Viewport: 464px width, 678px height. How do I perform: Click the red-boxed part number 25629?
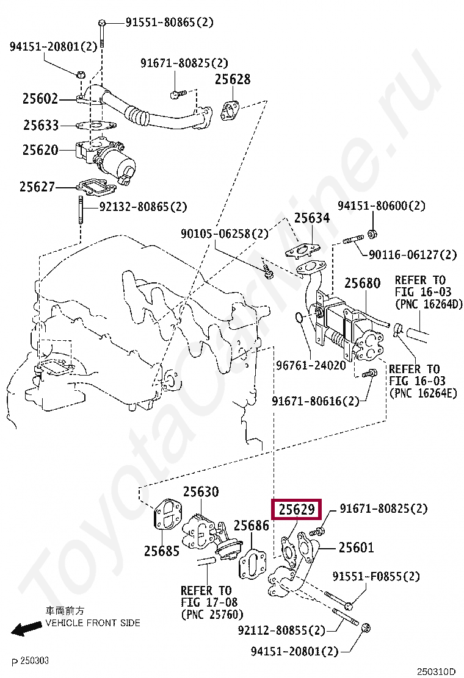(297, 509)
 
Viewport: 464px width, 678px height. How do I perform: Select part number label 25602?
(40, 99)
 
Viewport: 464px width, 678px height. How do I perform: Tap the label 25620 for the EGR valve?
(40, 150)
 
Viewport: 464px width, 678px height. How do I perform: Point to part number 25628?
(233, 79)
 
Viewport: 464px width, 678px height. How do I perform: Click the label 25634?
(312, 218)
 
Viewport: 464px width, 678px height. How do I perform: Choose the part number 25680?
(362, 284)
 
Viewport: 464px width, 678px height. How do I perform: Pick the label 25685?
(161, 551)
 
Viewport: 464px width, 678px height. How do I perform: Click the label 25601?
(356, 548)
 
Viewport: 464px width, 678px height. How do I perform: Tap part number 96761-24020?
(311, 365)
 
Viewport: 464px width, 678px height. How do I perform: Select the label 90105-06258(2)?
(225, 234)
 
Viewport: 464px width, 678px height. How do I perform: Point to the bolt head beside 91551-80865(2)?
(102, 22)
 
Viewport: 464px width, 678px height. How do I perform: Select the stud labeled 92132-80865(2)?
(81, 210)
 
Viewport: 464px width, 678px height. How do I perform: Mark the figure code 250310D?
(437, 671)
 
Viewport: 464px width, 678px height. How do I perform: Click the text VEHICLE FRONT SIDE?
(93, 623)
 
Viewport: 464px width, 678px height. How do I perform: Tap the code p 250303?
(31, 661)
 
